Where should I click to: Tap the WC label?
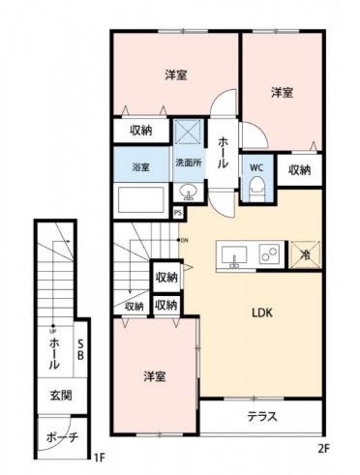[x=256, y=167]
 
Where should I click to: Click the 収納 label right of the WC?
[x=300, y=169]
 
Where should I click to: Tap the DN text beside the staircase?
[x=184, y=240]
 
